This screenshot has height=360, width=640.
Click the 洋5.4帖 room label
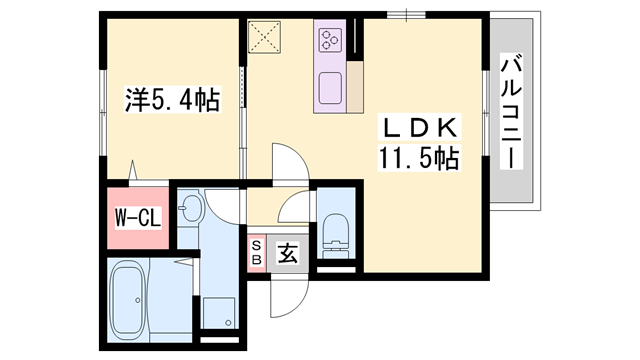click(173, 100)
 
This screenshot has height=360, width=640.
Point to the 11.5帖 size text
click(418, 158)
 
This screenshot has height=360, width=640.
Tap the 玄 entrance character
click(287, 254)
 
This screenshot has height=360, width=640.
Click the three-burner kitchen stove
click(331, 40)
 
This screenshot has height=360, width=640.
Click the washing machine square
click(219, 314)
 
